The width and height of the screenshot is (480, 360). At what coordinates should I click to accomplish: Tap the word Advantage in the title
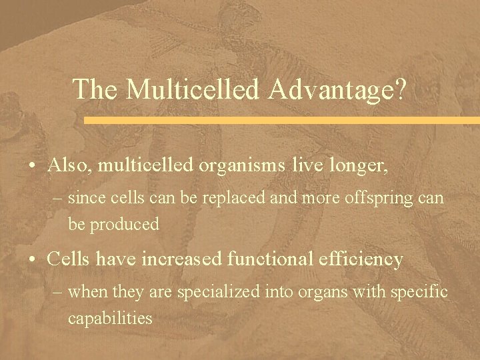point(327,90)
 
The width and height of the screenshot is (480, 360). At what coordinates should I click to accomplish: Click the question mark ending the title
point(399,90)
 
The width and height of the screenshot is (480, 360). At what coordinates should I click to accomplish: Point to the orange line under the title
point(280,121)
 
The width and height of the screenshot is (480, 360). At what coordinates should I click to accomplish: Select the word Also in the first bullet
point(69,166)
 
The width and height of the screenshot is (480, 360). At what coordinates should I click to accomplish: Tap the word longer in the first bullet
point(361,166)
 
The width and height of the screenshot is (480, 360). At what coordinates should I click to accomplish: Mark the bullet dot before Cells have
point(33,259)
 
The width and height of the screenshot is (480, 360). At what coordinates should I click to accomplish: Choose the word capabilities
point(110,318)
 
